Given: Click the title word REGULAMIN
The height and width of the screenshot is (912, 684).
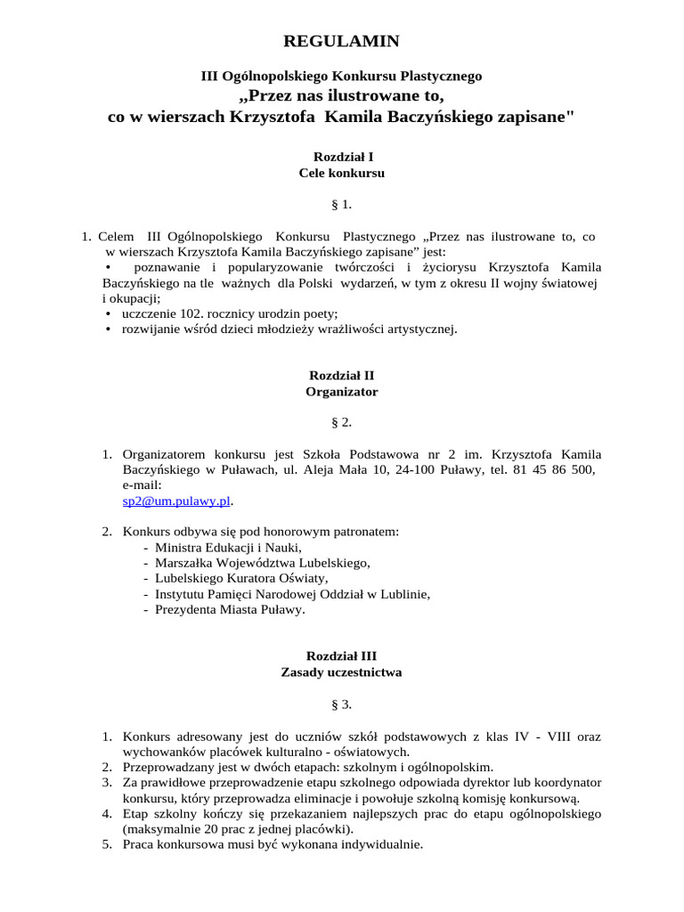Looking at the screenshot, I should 341,41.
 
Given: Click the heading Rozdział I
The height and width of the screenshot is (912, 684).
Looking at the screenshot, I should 341,156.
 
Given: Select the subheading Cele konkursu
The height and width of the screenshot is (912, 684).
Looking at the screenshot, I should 341,173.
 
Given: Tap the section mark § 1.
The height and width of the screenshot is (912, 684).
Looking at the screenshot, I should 341,205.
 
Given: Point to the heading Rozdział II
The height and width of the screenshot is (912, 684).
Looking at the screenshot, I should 341,375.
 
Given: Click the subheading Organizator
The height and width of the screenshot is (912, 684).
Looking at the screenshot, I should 341,392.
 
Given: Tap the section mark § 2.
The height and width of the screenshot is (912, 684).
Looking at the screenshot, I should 341,421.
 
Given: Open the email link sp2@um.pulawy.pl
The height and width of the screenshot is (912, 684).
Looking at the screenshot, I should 176,501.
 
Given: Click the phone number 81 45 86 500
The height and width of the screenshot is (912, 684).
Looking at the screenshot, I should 554,469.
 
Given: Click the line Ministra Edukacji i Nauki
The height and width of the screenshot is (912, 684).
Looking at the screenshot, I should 228,547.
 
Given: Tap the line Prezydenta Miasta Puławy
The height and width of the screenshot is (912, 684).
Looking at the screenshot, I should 229,610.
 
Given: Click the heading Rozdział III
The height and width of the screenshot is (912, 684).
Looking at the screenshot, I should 341,655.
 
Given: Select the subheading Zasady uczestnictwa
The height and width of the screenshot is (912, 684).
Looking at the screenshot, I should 341,672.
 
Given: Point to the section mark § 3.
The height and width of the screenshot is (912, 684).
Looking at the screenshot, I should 341,704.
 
